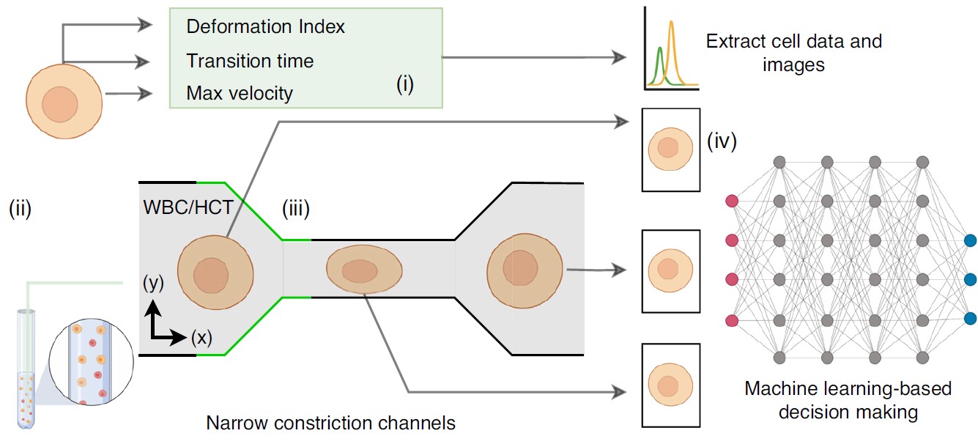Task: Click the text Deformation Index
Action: pyautogui.click(x=265, y=27)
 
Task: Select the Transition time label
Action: pyautogui.click(x=250, y=61)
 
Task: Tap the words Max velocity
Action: pyautogui.click(x=240, y=94)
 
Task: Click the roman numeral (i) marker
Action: pyautogui.click(x=405, y=85)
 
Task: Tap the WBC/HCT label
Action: pyautogui.click(x=188, y=207)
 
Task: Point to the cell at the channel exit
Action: pyautogui.click(x=525, y=269)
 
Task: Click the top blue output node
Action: pyautogui.click(x=970, y=240)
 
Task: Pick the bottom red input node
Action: pyautogui.click(x=730, y=319)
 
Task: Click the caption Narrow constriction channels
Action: pyautogui.click(x=330, y=424)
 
